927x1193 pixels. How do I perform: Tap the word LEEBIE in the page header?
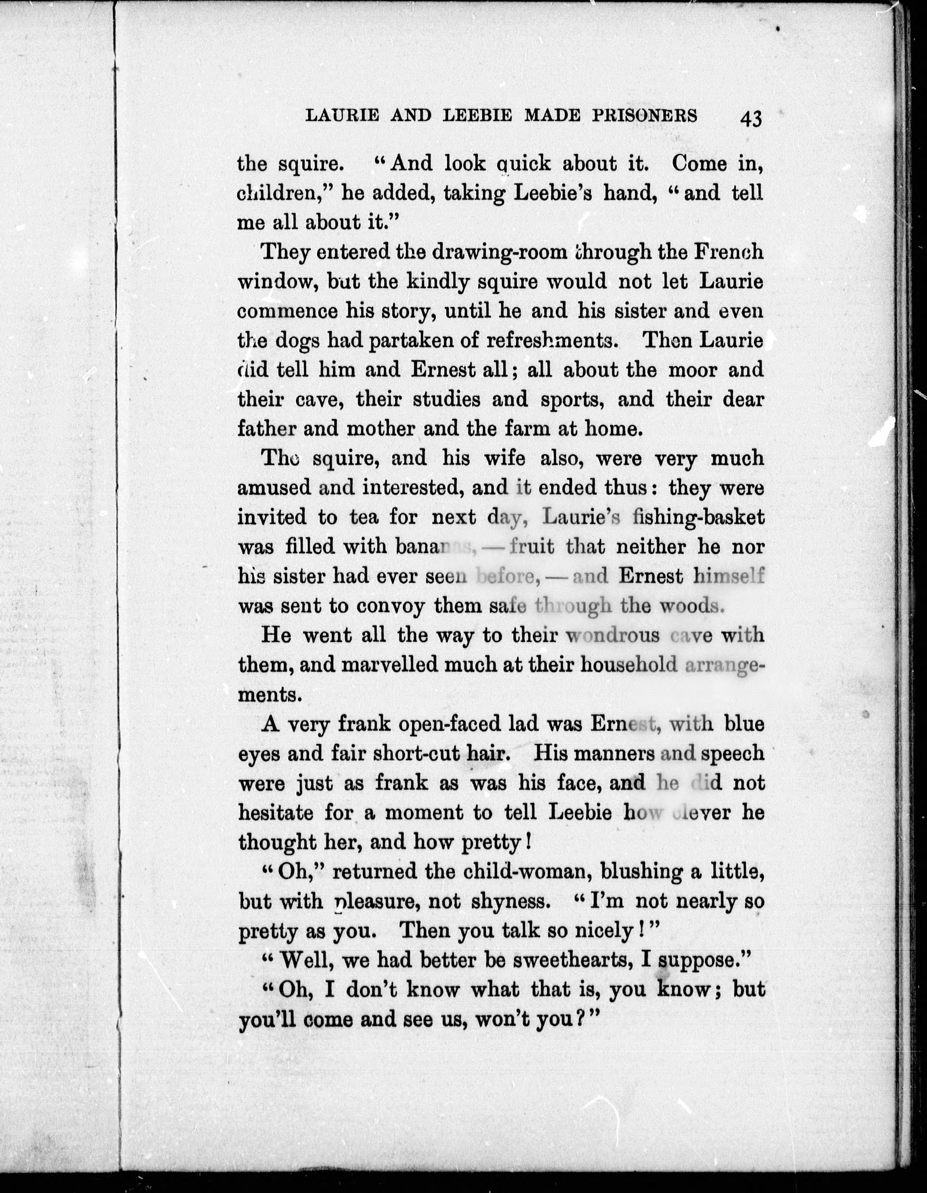tap(478, 116)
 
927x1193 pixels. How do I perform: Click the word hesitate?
tap(276, 813)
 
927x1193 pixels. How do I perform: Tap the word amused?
tap(274, 488)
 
